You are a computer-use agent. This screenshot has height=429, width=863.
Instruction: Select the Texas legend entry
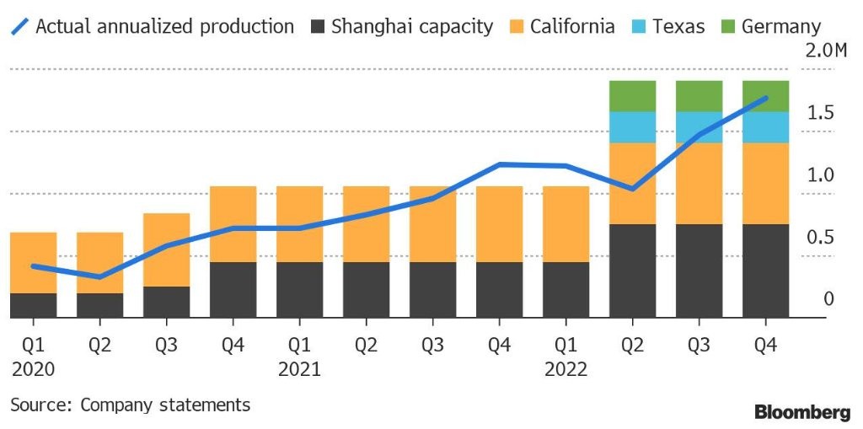(x=677, y=26)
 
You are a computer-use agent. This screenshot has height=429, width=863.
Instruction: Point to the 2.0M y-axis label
(x=826, y=51)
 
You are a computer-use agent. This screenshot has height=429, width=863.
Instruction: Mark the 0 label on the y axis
(x=828, y=299)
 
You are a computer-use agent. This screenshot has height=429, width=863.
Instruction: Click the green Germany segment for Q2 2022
(x=632, y=96)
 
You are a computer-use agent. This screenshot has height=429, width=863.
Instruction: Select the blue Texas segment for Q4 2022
(x=765, y=127)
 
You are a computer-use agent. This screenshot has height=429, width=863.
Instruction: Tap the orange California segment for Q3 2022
(x=699, y=183)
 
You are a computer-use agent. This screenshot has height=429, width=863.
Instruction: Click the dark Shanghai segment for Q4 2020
(x=233, y=290)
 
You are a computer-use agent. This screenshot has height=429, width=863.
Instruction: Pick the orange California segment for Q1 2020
(x=33, y=262)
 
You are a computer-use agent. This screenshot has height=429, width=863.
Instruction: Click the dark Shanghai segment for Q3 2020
(x=166, y=302)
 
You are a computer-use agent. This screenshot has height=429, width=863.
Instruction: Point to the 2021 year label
(x=298, y=368)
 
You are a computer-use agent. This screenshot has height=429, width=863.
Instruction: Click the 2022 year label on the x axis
(x=565, y=368)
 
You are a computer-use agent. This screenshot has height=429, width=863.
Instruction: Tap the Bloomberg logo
(x=801, y=412)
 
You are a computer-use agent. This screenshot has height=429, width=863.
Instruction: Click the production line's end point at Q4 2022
(x=764, y=99)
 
